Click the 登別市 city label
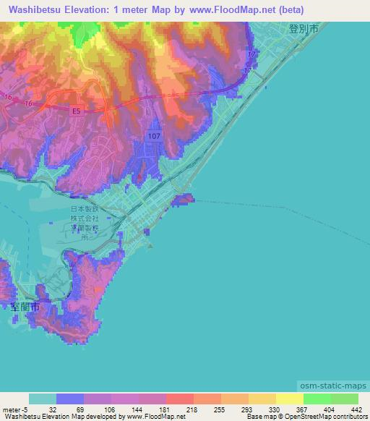(x=303, y=30)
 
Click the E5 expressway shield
(x=77, y=111)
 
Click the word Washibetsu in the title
(x=43, y=10)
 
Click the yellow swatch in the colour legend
(x=290, y=399)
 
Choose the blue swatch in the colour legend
(x=70, y=399)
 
